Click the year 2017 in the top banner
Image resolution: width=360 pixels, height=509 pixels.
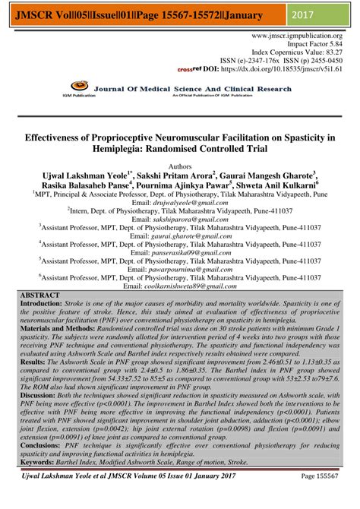click(x=326, y=14)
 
